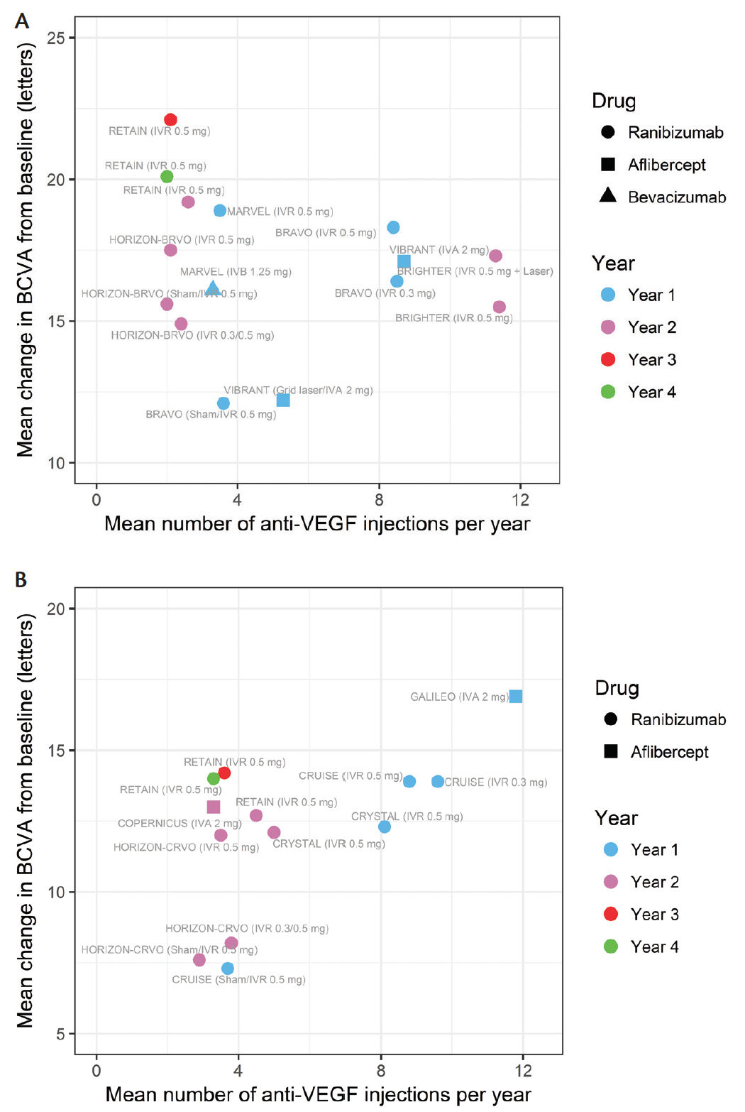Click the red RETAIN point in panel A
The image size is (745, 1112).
pyautogui.click(x=170, y=120)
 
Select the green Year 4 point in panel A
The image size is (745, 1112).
pyautogui.click(x=167, y=177)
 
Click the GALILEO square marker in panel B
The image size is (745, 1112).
pyautogui.click(x=516, y=697)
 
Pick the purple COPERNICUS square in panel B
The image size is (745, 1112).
pyautogui.click(x=214, y=807)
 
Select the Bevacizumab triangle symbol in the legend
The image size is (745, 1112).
pyautogui.click(x=608, y=196)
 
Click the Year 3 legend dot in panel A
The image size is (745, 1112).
pyautogui.click(x=608, y=359)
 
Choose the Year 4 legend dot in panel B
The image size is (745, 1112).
pyautogui.click(x=611, y=947)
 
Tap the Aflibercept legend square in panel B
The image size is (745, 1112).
pyautogui.click(x=611, y=751)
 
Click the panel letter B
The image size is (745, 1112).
pyautogui.click(x=21, y=580)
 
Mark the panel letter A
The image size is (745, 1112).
pyautogui.click(x=22, y=21)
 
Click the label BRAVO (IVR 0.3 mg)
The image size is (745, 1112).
pyautogui.click(x=385, y=293)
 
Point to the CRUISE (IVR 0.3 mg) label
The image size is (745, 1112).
pyautogui.click(x=496, y=783)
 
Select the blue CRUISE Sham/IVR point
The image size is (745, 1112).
pyautogui.click(x=228, y=969)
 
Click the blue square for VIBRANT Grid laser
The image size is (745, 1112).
pyautogui.click(x=283, y=400)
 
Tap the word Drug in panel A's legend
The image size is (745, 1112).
pyautogui.click(x=614, y=101)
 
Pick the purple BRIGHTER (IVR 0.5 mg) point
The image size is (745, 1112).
pyautogui.click(x=500, y=307)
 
